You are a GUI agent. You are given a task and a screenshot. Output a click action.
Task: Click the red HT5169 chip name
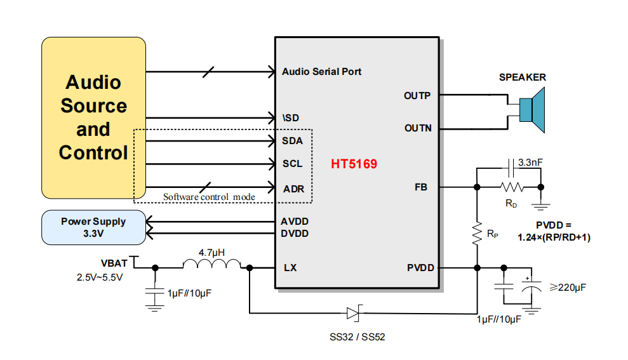(x=354, y=164)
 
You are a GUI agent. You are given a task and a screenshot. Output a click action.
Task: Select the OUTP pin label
(x=417, y=96)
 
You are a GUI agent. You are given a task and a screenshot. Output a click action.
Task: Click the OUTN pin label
(x=418, y=128)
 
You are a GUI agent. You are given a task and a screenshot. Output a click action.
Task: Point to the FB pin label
(x=421, y=187)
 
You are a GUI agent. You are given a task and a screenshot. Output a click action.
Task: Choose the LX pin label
(x=290, y=268)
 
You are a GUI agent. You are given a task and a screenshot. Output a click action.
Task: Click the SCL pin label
(x=293, y=164)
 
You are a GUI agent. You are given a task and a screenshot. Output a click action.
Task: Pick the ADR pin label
(x=293, y=188)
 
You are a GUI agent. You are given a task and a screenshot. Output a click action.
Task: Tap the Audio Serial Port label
(x=321, y=72)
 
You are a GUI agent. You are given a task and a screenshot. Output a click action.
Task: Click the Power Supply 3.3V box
(x=93, y=227)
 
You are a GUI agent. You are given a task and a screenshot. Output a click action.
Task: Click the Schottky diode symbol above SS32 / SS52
(x=354, y=312)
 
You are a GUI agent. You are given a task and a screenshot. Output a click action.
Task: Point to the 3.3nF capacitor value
(x=530, y=163)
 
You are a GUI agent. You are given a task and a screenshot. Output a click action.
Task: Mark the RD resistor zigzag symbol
(x=511, y=187)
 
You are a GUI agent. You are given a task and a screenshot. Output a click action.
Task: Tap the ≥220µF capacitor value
(x=566, y=288)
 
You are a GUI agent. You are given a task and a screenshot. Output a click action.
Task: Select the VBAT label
(x=114, y=263)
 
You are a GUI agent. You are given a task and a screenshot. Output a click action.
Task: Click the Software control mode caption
(x=209, y=197)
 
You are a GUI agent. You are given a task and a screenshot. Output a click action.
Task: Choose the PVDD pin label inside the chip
(x=420, y=268)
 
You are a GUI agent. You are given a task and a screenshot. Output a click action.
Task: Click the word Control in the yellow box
(x=93, y=153)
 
